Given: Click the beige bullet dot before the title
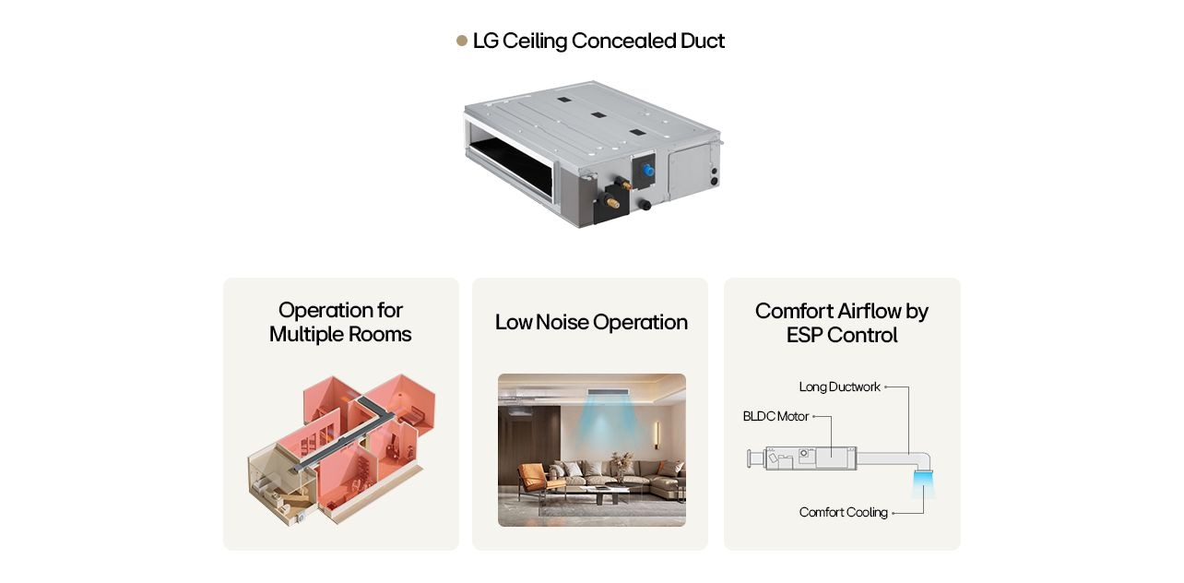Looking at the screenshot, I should [462, 41].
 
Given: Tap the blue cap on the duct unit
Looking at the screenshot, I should [645, 171].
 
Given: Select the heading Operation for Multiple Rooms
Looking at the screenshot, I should [340, 322].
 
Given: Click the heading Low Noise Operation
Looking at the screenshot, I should [591, 322].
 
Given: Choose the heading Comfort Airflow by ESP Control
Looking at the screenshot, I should [841, 323].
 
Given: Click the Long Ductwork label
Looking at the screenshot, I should [839, 387].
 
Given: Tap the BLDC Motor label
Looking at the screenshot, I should [776, 416].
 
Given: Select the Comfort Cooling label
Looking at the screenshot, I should [843, 512].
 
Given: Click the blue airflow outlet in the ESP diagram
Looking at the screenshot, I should [923, 483].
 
